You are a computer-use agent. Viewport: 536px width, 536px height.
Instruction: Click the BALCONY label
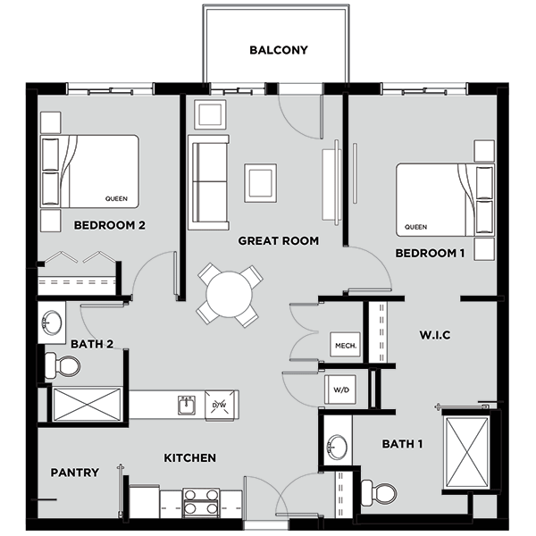pyautogui.click(x=279, y=50)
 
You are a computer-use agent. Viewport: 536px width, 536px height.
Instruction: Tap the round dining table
pyautogui.click(x=229, y=294)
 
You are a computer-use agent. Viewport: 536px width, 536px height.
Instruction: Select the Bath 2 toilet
pyautogui.click(x=63, y=365)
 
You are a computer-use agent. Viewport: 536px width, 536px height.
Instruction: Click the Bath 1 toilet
pyautogui.click(x=379, y=493)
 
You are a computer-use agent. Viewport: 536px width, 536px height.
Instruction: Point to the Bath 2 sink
pyautogui.click(x=52, y=322)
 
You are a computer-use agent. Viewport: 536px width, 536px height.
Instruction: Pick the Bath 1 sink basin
pyautogui.click(x=337, y=447)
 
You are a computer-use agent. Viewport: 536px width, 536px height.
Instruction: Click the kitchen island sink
pyautogui.click(x=187, y=405)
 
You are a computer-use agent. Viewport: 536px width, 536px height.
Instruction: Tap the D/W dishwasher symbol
pyautogui.click(x=220, y=405)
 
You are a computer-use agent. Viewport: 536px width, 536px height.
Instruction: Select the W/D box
pyautogui.click(x=340, y=389)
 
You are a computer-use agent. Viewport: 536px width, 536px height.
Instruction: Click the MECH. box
pyautogui.click(x=346, y=345)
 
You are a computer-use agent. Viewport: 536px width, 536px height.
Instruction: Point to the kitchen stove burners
pyautogui.click(x=201, y=502)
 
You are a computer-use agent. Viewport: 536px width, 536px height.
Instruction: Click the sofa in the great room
pyautogui.click(x=208, y=182)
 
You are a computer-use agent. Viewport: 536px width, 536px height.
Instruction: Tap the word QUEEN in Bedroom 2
pyautogui.click(x=116, y=198)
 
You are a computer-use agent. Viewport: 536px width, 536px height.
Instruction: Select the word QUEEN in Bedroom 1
pyautogui.click(x=415, y=227)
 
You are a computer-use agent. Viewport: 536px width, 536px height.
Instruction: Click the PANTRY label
pyautogui.click(x=75, y=473)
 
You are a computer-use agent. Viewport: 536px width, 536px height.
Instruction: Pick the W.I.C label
pyautogui.click(x=435, y=335)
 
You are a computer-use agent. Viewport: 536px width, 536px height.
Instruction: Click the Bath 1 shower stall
pyautogui.click(x=467, y=451)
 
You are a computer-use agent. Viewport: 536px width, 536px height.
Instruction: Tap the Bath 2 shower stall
pyautogui.click(x=87, y=405)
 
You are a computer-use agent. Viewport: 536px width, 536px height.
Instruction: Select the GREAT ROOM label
pyautogui.click(x=278, y=241)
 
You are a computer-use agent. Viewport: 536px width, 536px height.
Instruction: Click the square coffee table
pyautogui.click(x=261, y=183)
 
